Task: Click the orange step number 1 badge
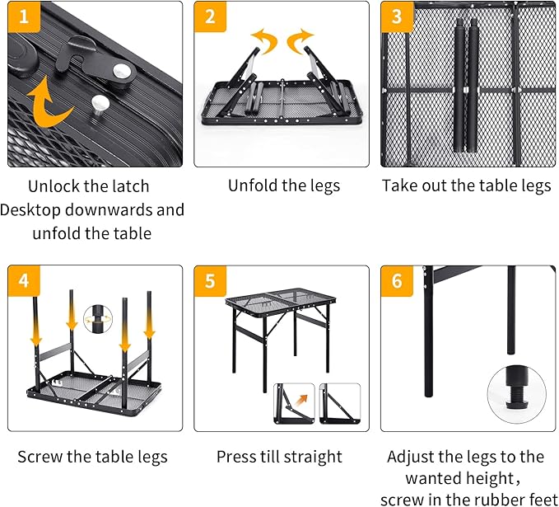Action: point(22,16)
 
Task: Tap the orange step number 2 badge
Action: point(209,16)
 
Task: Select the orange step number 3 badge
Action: point(396,16)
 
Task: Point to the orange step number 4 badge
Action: point(22,281)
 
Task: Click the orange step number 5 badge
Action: point(209,281)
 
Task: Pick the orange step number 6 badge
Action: point(396,281)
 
